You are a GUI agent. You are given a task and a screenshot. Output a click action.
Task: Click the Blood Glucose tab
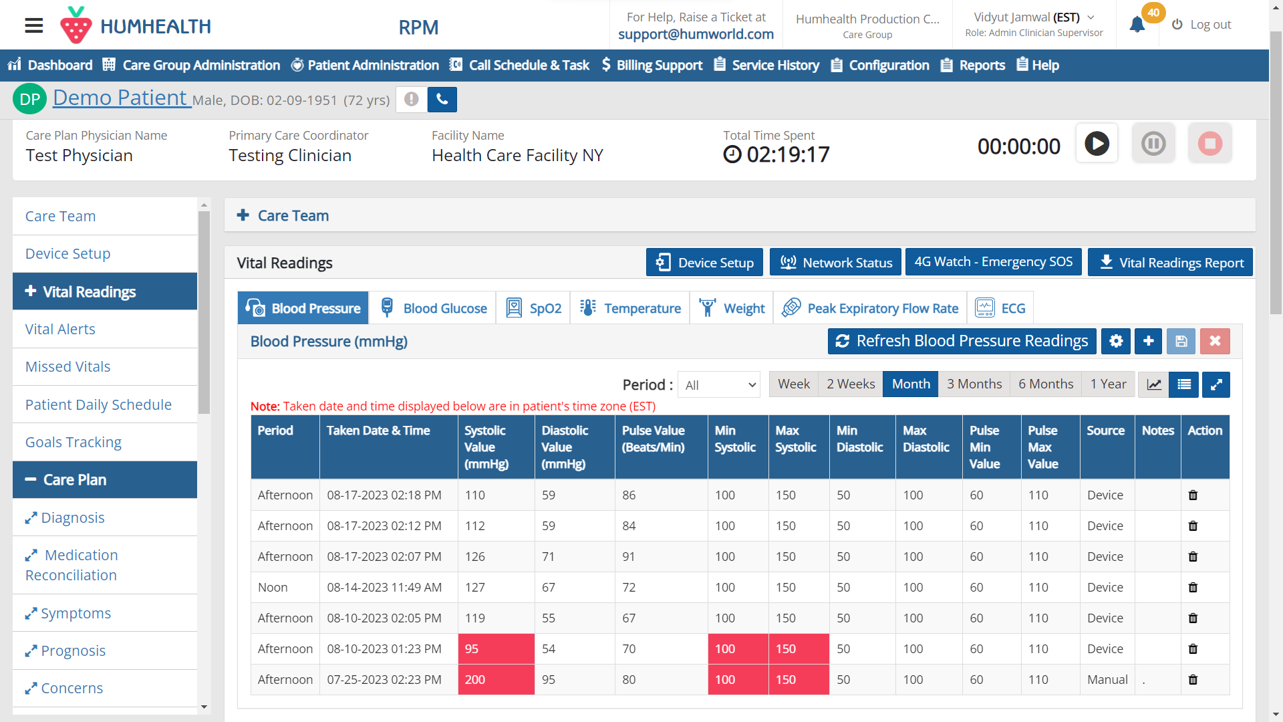coord(433,308)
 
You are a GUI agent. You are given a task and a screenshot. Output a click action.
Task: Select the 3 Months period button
coord(974,384)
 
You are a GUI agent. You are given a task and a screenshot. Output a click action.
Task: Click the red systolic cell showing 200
coord(496,679)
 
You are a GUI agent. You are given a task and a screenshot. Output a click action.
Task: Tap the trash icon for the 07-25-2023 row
coord(1193,680)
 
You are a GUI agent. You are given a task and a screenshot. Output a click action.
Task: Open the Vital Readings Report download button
coord(1170,263)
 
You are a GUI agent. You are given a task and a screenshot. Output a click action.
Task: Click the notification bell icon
coord(1137,25)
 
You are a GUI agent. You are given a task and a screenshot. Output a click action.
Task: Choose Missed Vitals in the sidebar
coord(67,366)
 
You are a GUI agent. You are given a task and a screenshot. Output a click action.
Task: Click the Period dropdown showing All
coord(719,385)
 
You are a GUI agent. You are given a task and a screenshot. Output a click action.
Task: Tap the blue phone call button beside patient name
coord(442,100)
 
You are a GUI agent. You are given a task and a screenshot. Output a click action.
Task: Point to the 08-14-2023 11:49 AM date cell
coord(384,587)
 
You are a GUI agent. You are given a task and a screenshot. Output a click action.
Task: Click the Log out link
coord(1201,25)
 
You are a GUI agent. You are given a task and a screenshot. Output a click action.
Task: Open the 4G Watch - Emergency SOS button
coord(993,262)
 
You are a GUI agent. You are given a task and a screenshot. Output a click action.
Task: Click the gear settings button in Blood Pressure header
coord(1115,341)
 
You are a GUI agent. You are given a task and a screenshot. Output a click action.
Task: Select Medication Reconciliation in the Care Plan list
coord(72,565)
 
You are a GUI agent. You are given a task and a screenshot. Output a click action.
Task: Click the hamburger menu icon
coord(34,25)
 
